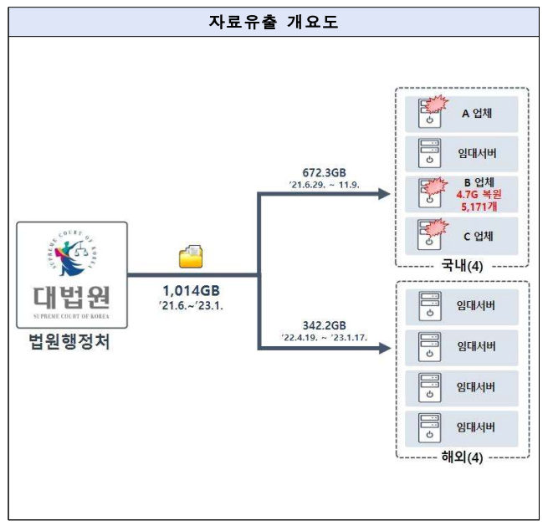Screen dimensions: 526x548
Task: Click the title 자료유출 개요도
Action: click(x=273, y=23)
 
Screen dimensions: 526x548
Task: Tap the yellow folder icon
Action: click(x=190, y=256)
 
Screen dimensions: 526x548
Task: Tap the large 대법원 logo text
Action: click(x=71, y=296)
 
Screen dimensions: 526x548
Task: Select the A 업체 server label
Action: click(x=478, y=113)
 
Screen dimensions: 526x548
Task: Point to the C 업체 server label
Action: click(x=478, y=236)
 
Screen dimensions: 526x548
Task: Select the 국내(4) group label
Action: click(x=462, y=267)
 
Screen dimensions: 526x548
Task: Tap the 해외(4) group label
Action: click(x=462, y=457)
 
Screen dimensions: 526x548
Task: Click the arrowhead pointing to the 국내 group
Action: click(x=384, y=195)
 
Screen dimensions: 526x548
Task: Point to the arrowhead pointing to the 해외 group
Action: click(x=384, y=346)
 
